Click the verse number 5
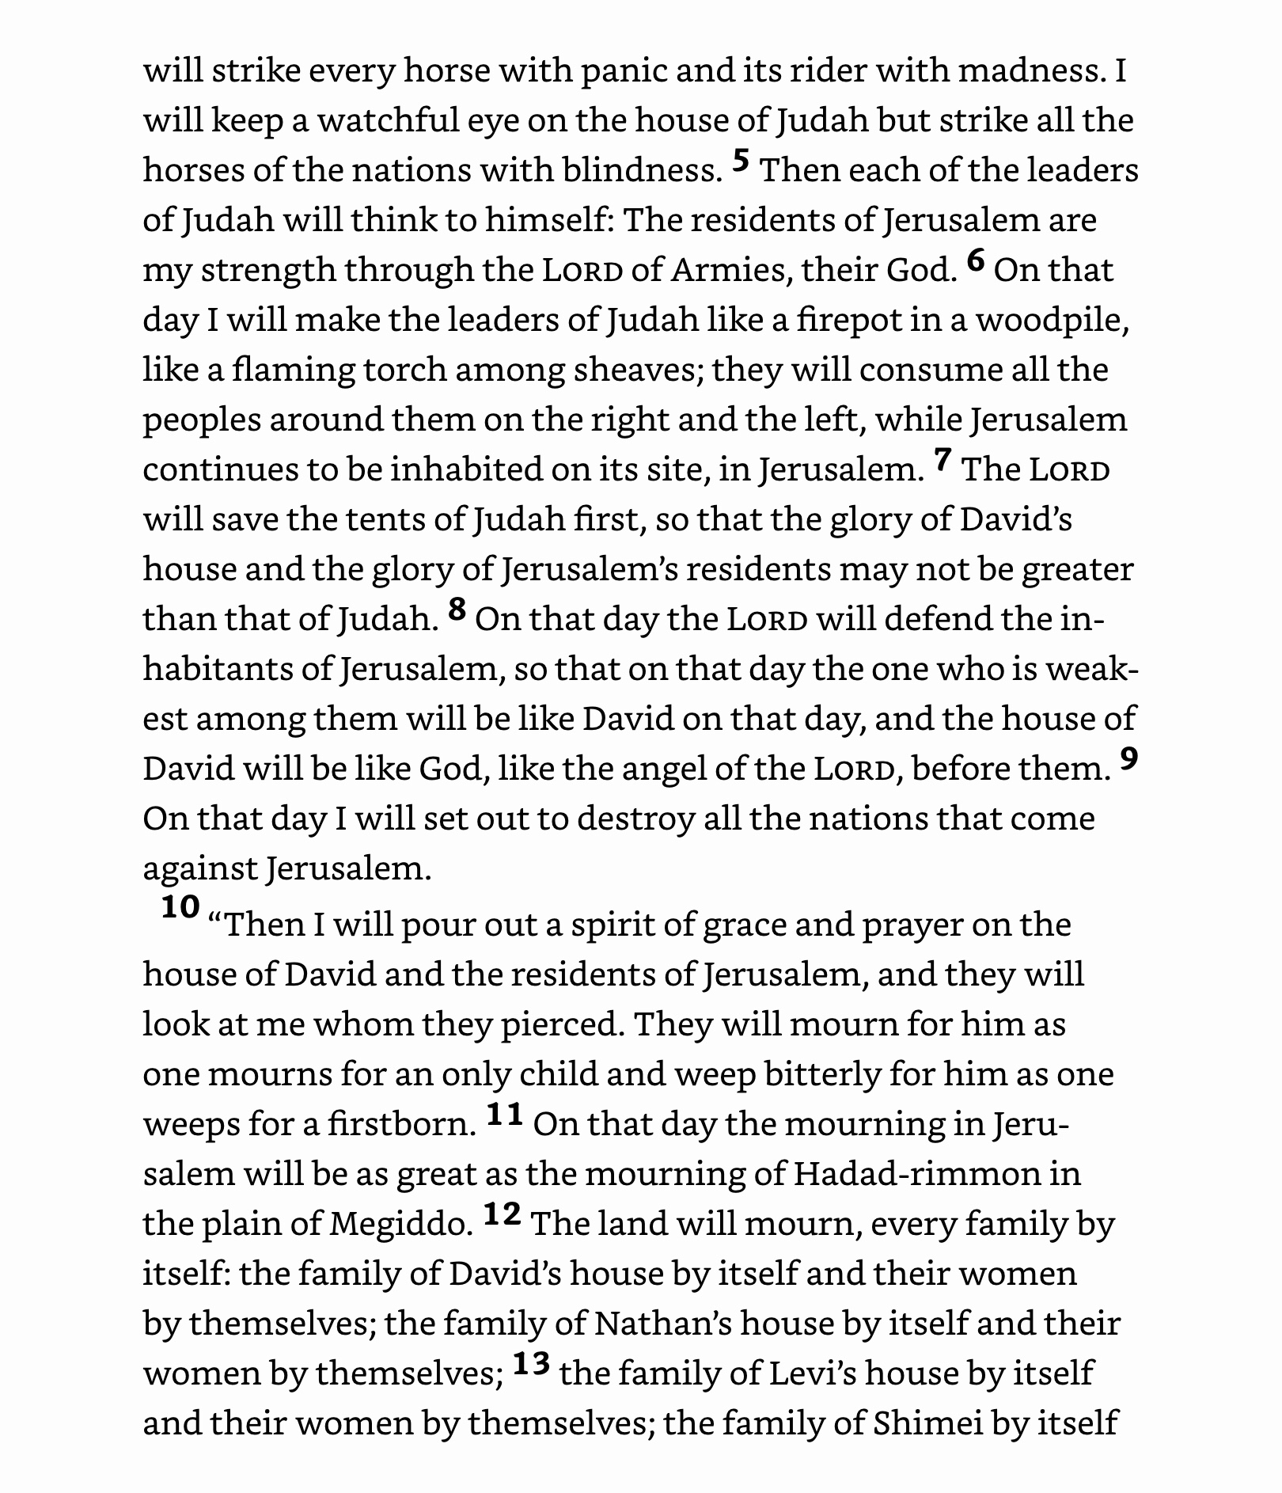[x=741, y=161]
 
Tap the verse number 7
[x=942, y=461]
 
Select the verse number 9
[x=1129, y=759]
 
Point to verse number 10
[x=180, y=907]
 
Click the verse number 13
[x=531, y=1364]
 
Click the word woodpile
[x=1051, y=321]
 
